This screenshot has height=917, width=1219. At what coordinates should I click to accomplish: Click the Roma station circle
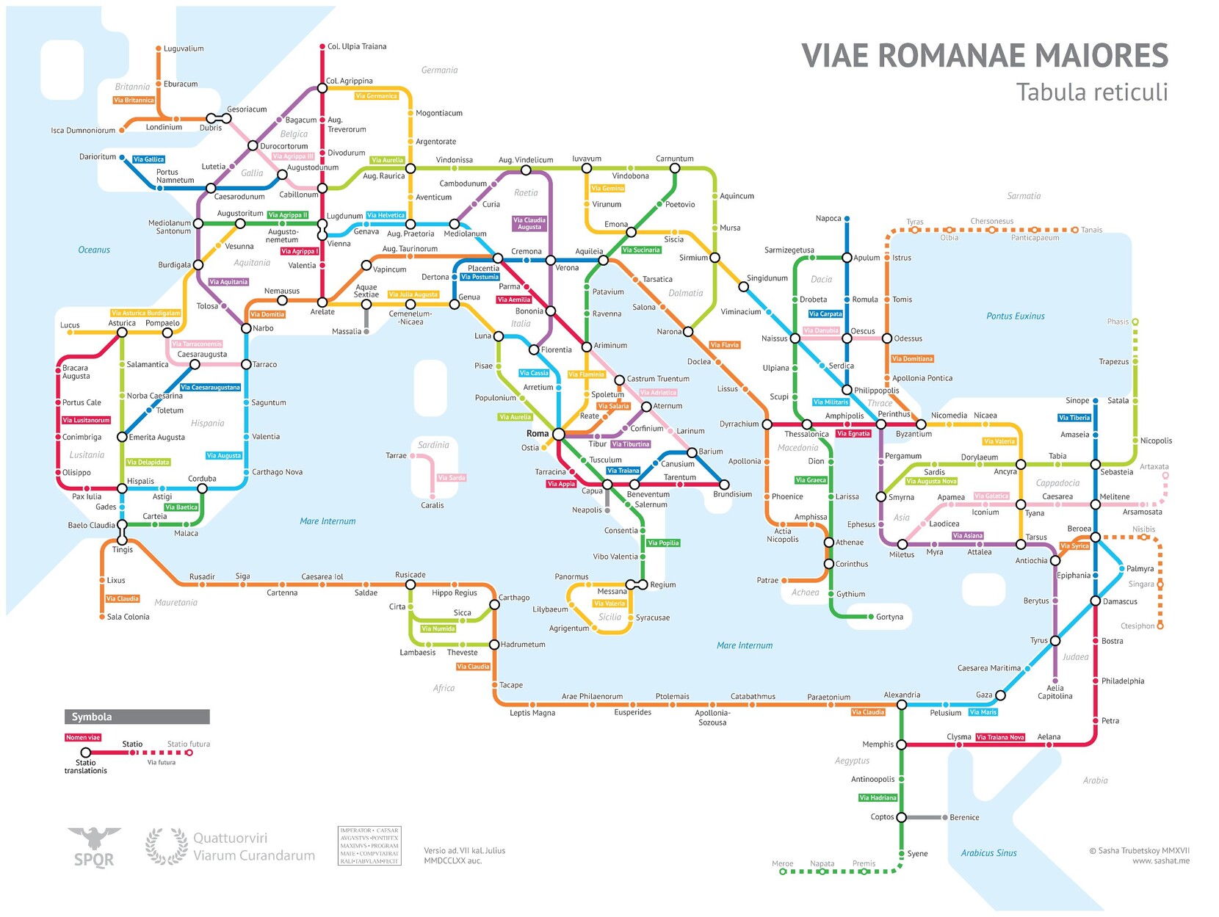(x=558, y=434)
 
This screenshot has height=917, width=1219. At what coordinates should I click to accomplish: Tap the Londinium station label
(x=164, y=127)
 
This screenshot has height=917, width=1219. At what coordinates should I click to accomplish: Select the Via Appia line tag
(x=561, y=484)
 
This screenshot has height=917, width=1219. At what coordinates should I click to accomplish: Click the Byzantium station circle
(x=921, y=424)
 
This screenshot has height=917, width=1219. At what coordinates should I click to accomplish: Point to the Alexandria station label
(x=902, y=695)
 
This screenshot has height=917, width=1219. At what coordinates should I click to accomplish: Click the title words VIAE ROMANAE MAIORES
(x=984, y=56)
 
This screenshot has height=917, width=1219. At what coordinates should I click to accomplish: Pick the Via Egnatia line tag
(x=853, y=433)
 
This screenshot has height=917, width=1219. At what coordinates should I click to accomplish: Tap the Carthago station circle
(x=494, y=604)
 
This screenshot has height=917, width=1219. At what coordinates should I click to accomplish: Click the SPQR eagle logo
(x=94, y=847)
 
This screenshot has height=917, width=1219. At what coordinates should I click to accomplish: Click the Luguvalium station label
(x=184, y=48)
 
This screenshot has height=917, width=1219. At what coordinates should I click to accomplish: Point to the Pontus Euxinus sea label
(x=1015, y=316)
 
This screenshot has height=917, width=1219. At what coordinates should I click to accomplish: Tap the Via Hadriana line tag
(x=878, y=797)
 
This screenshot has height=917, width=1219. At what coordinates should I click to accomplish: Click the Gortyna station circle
(x=871, y=617)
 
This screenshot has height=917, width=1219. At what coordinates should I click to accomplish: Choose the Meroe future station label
(x=782, y=863)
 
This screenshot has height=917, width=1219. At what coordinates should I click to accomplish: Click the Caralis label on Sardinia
(x=432, y=505)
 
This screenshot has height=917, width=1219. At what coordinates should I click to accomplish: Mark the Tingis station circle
(x=123, y=540)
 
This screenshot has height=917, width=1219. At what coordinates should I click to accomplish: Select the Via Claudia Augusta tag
(x=529, y=223)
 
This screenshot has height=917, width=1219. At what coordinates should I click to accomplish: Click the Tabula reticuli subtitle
(x=1091, y=93)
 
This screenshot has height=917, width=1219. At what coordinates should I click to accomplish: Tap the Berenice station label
(x=964, y=817)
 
